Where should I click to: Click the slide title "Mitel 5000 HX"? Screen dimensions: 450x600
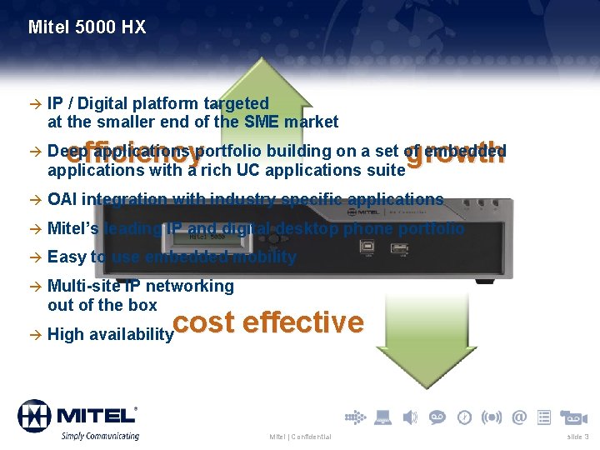[87, 27]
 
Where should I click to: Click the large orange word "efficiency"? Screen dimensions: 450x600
[133, 153]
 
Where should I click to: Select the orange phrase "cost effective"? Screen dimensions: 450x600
[269, 322]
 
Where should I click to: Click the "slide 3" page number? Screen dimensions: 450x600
[577, 437]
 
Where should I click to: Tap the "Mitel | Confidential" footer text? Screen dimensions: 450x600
[300, 437]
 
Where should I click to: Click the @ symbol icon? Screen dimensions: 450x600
[519, 417]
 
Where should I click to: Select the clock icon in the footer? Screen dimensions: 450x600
[464, 417]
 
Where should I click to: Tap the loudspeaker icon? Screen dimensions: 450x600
[410, 417]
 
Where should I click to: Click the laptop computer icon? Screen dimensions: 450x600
[382, 417]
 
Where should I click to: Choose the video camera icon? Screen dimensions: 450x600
[574, 417]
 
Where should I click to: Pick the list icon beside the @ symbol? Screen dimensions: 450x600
[544, 417]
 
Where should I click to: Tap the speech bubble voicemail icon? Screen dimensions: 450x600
[437, 417]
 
